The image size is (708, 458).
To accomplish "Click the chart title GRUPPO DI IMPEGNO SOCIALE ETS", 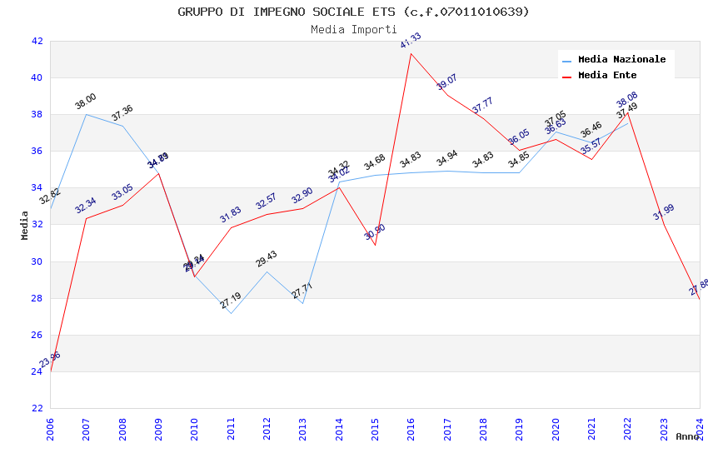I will pyautogui.click(x=353, y=12).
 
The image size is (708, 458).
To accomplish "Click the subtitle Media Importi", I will pyautogui.click(x=353, y=29).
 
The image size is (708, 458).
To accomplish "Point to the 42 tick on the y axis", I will pyautogui.click(x=37, y=41).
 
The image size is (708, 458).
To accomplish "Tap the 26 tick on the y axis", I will pyautogui.click(x=37, y=335).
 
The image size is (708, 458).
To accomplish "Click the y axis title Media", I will pyautogui.click(x=25, y=225).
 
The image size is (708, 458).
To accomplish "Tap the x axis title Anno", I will pyautogui.click(x=687, y=436).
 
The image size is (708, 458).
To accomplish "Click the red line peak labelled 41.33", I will pyautogui.click(x=411, y=54).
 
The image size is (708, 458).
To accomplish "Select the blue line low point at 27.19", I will pyautogui.click(x=231, y=313).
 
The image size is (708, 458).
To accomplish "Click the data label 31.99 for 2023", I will pyautogui.click(x=664, y=212).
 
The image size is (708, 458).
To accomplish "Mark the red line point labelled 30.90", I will pyautogui.click(x=375, y=244).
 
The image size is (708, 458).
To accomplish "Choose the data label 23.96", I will pyautogui.click(x=50, y=360).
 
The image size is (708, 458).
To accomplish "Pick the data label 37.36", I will pyautogui.click(x=122, y=113).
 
